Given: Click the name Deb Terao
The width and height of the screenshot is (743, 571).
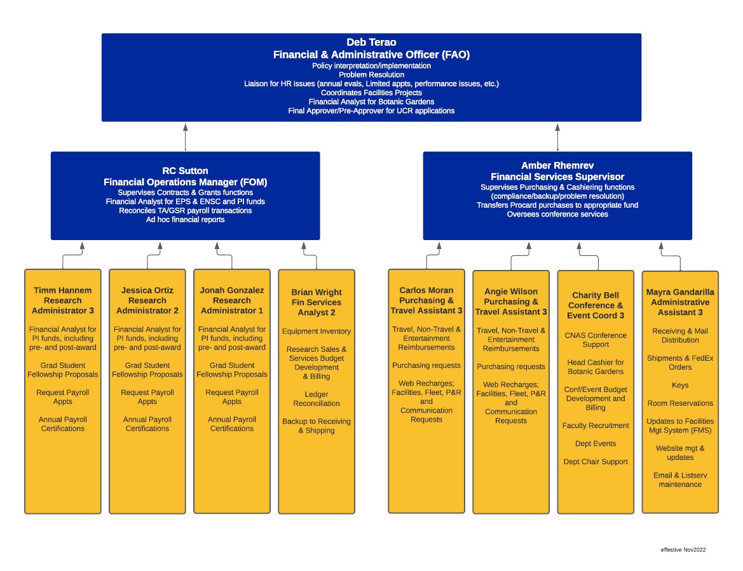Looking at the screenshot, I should tap(371, 43).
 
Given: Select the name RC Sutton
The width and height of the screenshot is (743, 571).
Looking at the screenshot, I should tap(185, 171).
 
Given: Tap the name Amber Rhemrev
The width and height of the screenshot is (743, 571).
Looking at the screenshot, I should tap(557, 165).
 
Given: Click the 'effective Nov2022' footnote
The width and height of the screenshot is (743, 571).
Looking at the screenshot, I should tap(683, 549).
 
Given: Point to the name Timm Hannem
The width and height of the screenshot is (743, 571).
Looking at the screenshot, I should tap(62, 290).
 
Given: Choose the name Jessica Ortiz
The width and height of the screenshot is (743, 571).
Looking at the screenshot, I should tap(147, 290).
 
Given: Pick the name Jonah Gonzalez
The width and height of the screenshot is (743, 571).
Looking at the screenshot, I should tap(231, 290).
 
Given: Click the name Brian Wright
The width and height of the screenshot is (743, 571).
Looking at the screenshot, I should tap(316, 292).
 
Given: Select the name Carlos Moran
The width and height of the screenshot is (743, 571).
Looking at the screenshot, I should tap(426, 290).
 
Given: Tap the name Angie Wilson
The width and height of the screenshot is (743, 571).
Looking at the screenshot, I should tap(510, 292).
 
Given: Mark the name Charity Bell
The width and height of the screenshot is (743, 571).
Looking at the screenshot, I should tap(595, 295).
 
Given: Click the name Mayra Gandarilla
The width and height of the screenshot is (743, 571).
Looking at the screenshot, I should tap(679, 292).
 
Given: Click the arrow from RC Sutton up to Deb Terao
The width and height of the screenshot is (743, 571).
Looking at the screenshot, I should tap(186, 136).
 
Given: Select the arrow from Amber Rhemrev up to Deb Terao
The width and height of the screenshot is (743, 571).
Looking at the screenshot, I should tap(557, 136).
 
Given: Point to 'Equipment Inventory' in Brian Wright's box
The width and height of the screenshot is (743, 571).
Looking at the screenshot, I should tap(316, 332).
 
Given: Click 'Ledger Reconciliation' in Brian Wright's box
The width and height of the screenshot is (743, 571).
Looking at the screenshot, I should tap(316, 399).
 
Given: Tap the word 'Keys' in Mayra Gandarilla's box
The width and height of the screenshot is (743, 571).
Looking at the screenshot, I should tap(679, 386).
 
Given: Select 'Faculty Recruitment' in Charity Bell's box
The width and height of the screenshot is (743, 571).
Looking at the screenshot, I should tap(595, 426).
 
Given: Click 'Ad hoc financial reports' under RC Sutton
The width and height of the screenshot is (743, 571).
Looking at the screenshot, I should tap(185, 220).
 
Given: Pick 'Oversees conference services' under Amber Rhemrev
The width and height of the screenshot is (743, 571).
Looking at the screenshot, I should tap(557, 214).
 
